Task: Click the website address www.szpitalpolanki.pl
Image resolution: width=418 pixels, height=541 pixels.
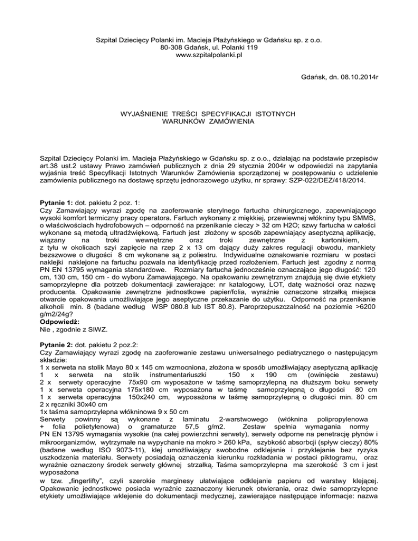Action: coord(210,56)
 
